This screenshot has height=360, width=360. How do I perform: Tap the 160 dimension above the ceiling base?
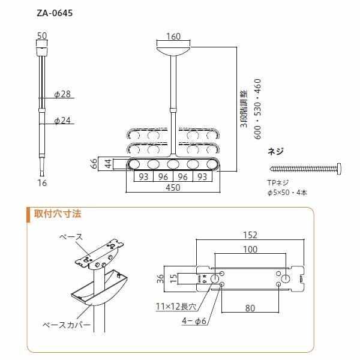pyautogui.click(x=173, y=37)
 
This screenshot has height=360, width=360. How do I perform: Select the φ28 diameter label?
pyautogui.click(x=62, y=94)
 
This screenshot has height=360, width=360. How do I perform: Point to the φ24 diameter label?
pyautogui.click(x=62, y=121)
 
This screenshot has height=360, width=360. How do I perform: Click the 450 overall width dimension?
pyautogui.click(x=173, y=187)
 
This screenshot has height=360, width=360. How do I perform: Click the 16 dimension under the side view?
pyautogui.click(x=41, y=183)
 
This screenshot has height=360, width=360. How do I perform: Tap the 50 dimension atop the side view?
pyautogui.click(x=42, y=37)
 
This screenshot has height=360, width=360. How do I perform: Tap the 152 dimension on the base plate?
pyautogui.click(x=251, y=235)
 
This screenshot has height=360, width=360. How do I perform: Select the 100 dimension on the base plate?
pyautogui.click(x=251, y=249)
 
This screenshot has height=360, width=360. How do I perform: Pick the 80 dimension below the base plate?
pyautogui.click(x=250, y=308)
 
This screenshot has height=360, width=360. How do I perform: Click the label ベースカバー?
pyautogui.click(x=67, y=324)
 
